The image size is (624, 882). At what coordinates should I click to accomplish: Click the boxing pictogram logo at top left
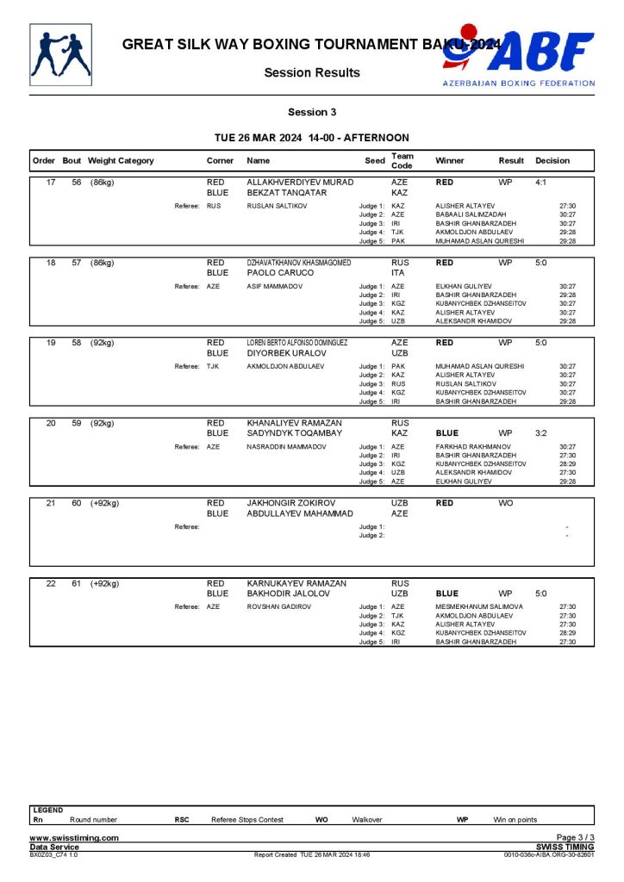click(x=59, y=54)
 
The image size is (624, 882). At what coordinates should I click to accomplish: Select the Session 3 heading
click(x=312, y=112)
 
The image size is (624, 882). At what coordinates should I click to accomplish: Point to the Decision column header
click(x=552, y=161)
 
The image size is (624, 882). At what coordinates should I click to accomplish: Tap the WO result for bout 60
click(x=505, y=503)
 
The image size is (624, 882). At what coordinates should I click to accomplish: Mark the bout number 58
click(x=76, y=343)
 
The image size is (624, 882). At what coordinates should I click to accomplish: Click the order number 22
click(x=51, y=583)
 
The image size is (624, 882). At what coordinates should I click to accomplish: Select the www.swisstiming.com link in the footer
click(x=74, y=838)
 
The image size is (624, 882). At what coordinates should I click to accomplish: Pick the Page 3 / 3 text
click(x=576, y=838)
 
